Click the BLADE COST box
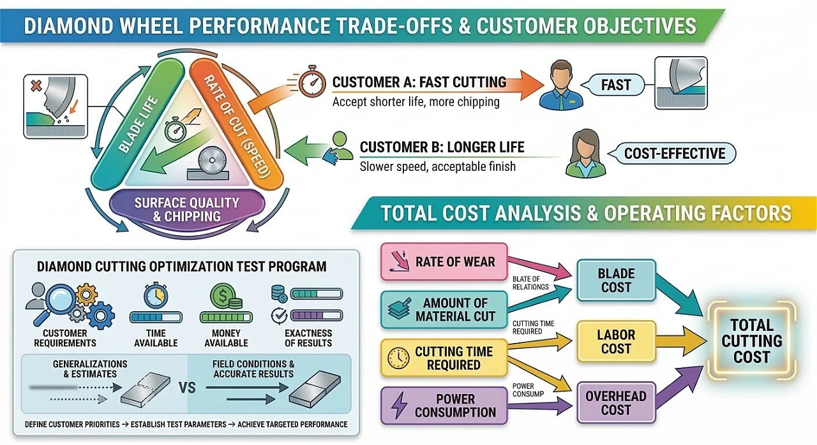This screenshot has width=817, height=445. [616, 280]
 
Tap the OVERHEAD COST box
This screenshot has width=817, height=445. [615, 403]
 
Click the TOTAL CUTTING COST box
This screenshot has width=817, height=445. [751, 341]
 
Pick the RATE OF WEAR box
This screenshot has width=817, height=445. [444, 262]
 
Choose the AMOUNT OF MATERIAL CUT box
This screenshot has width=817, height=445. [444, 309]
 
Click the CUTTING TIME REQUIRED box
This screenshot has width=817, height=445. [444, 358]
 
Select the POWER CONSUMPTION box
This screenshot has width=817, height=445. [444, 405]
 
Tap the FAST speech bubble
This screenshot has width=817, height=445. [615, 84]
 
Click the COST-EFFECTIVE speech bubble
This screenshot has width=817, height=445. [674, 154]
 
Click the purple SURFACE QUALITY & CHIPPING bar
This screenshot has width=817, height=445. [186, 209]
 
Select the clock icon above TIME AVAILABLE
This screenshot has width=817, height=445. [155, 296]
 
